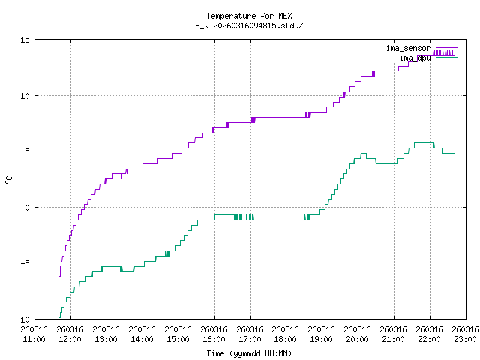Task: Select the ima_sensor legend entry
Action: (x=408, y=48)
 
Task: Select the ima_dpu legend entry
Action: (x=415, y=58)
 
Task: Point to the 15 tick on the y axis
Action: (x=25, y=40)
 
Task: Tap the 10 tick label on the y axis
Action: (x=25, y=96)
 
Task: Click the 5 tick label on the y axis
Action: (x=27, y=151)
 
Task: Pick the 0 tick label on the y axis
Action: (x=27, y=207)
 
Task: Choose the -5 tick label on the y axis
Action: (x=25, y=263)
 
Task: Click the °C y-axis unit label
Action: (x=9, y=180)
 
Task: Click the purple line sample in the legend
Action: (x=445, y=48)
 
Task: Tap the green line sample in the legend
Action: (x=445, y=58)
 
